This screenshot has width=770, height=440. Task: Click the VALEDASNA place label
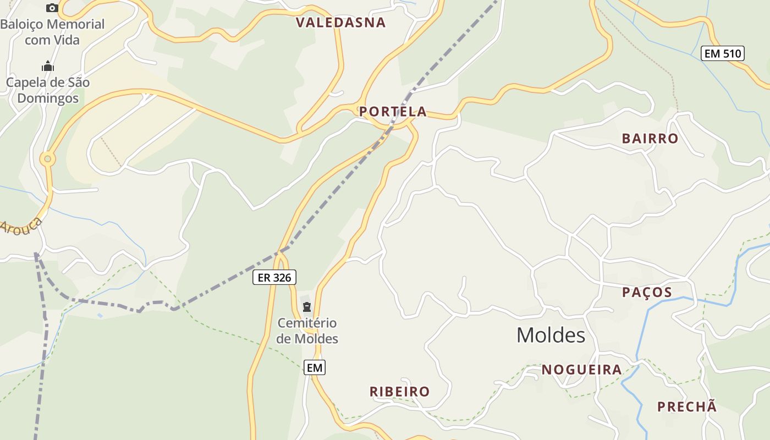[341, 23]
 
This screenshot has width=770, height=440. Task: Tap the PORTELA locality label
[393, 112]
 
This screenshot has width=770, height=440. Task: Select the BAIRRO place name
[650, 139]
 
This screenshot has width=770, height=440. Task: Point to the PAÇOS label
[647, 292]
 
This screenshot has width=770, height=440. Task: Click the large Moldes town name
[551, 335]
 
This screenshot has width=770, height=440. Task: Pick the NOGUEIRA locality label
[582, 370]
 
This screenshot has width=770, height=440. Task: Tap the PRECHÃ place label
[687, 407]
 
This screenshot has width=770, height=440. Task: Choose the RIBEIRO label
[399, 392]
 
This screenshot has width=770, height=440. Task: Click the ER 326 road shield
[274, 278]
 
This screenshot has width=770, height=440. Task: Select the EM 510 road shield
[723, 54]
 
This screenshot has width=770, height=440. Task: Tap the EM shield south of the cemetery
[315, 367]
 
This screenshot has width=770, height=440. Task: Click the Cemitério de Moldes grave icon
[307, 307]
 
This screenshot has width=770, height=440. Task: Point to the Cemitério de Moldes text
[307, 331]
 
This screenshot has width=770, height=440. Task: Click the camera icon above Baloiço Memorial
[52, 8]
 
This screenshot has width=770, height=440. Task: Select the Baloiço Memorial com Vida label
[52, 32]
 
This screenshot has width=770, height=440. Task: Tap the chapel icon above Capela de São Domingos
[48, 67]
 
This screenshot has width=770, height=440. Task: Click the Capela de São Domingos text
[48, 90]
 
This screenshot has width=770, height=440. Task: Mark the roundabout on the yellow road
[48, 159]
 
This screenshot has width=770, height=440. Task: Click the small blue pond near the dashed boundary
[100, 315]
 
